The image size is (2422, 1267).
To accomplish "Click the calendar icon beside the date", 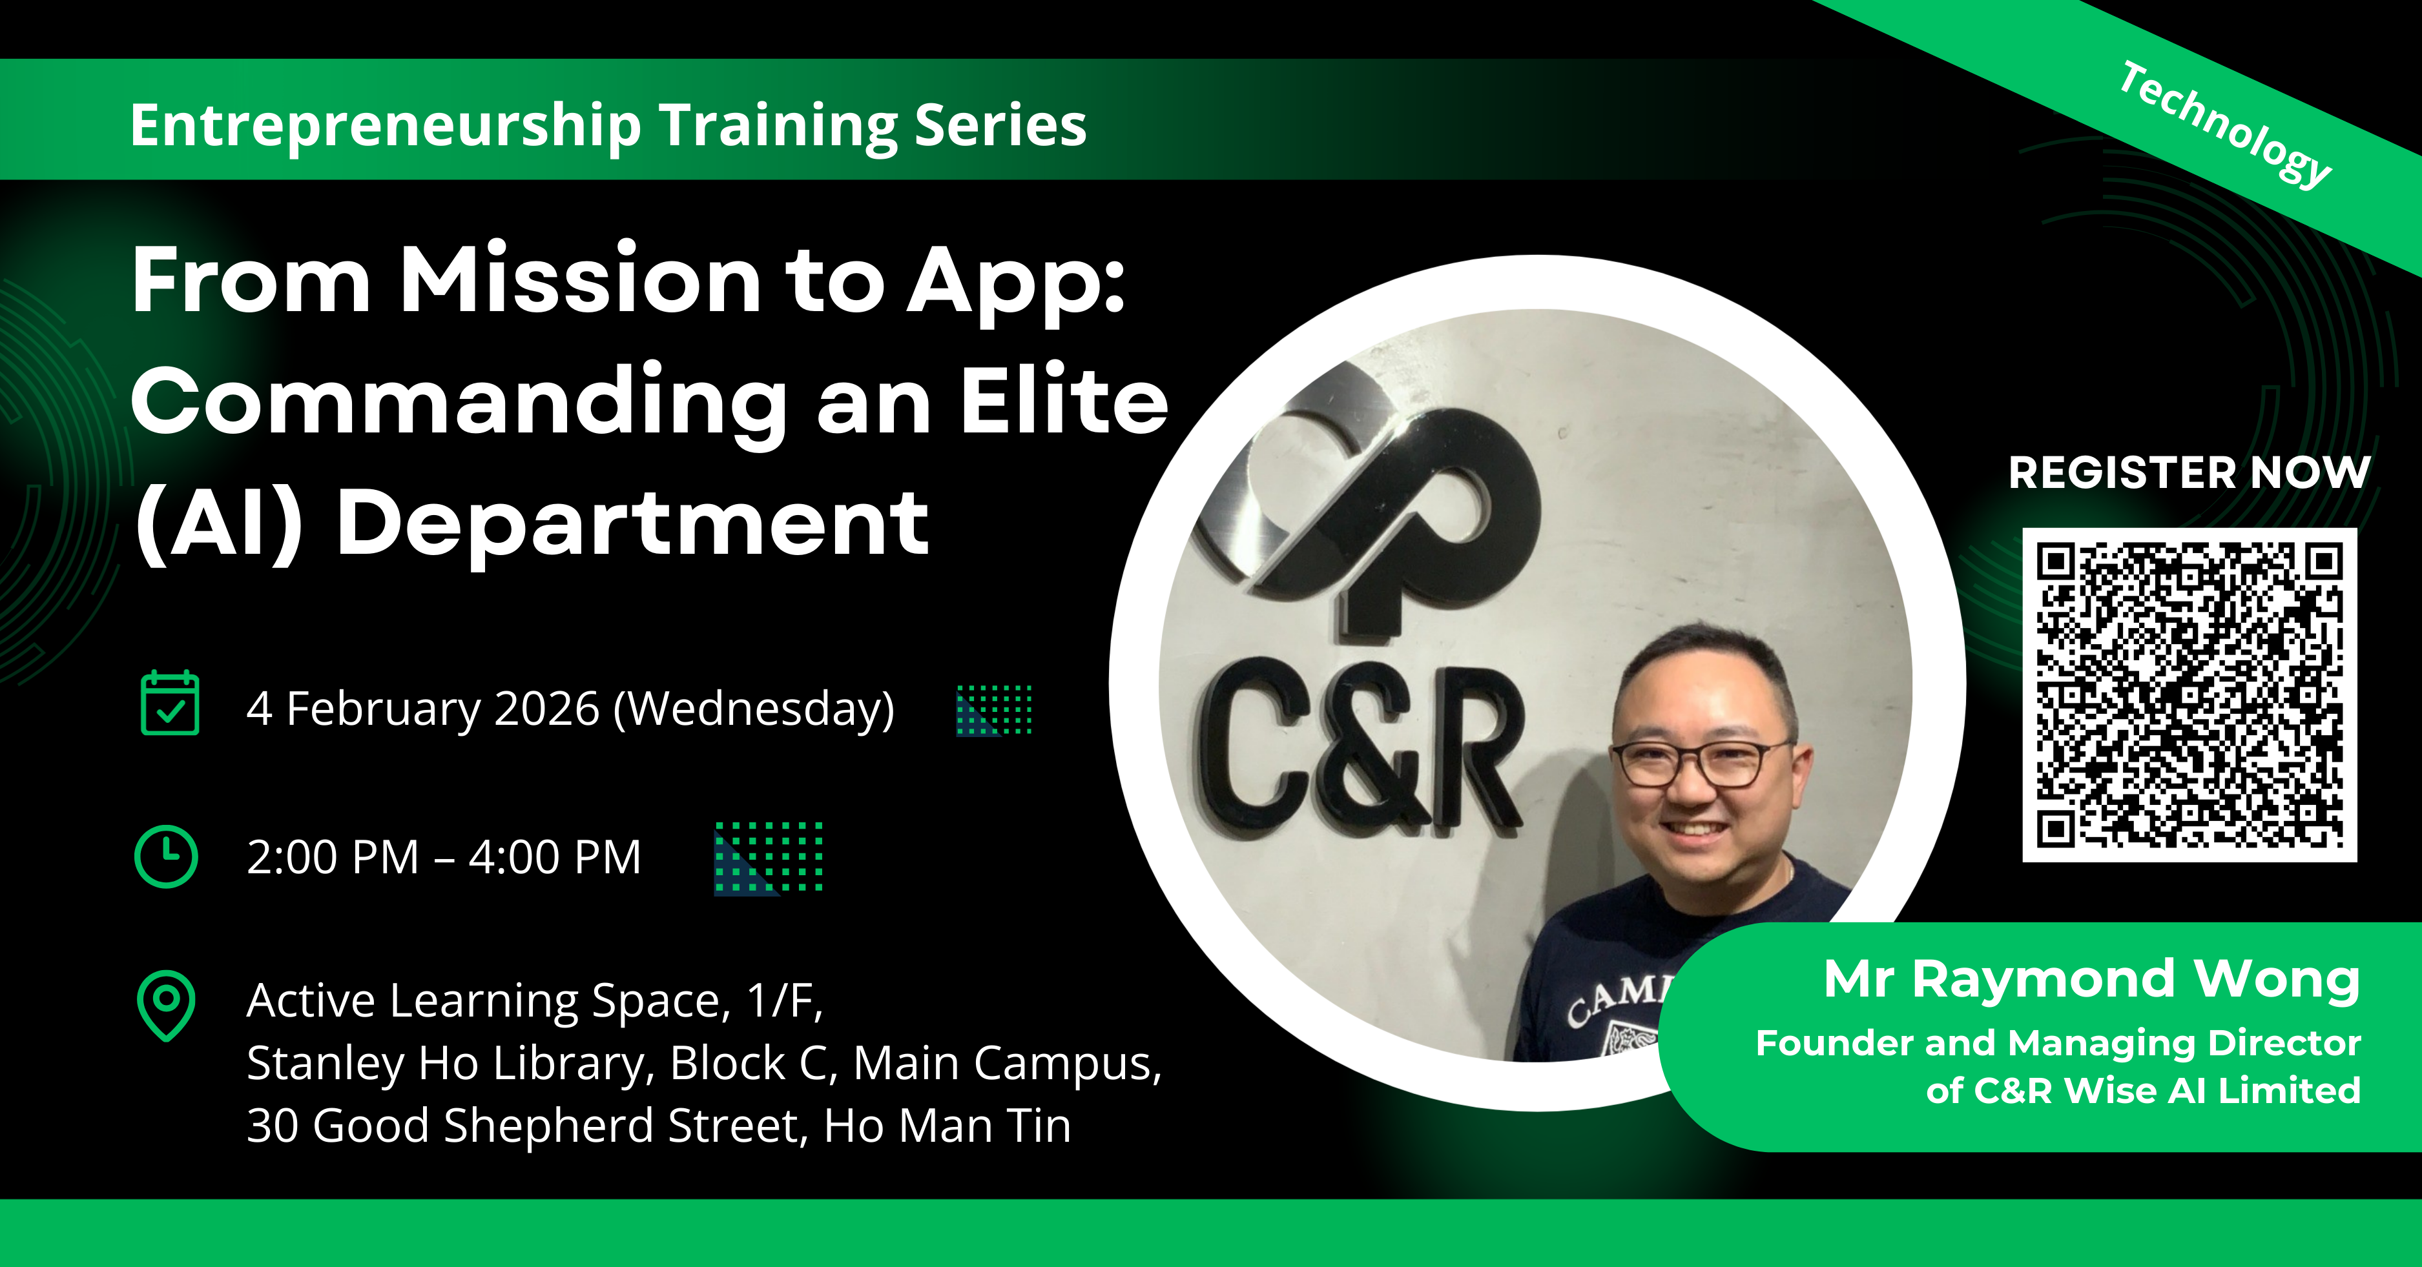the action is [x=169, y=702].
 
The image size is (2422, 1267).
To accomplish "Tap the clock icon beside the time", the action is [x=167, y=856].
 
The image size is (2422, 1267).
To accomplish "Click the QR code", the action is [x=2189, y=694].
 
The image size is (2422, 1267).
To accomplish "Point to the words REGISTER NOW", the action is [x=2189, y=472].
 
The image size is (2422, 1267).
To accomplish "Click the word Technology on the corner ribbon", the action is [x=2224, y=125].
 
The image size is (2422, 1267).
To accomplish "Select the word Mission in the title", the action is [x=580, y=279].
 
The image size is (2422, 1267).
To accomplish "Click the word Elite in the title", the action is [x=1064, y=401].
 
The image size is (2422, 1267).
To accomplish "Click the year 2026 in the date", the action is [x=546, y=709].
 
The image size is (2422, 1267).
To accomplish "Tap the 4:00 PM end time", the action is [x=555, y=857].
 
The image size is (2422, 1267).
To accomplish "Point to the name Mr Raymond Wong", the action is [x=2092, y=979].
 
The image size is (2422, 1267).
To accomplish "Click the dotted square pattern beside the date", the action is [x=994, y=709].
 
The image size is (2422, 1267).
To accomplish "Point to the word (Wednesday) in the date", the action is [x=754, y=709].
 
